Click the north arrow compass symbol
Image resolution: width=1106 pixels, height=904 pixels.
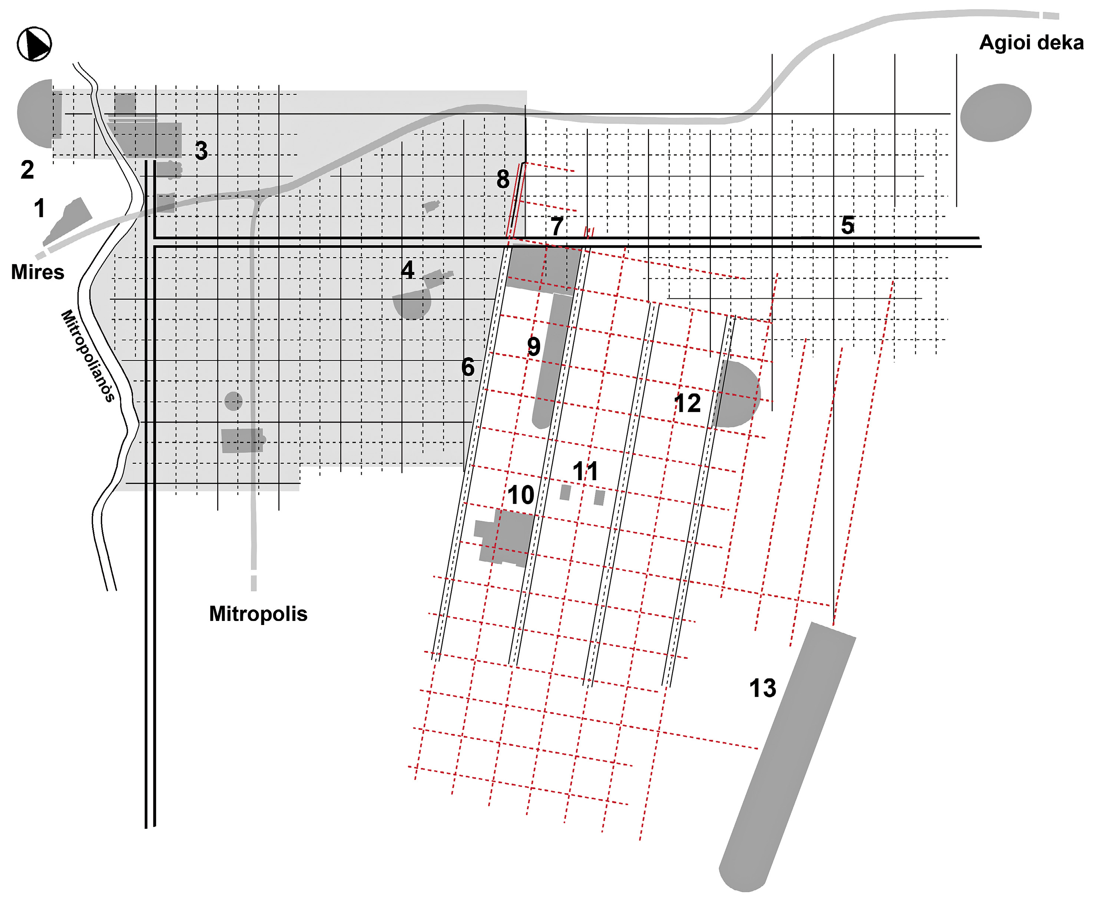(34, 44)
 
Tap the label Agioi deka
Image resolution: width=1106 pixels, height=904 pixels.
(1031, 43)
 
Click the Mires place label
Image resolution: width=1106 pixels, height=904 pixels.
(37, 272)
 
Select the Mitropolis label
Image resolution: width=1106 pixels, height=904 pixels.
(258, 614)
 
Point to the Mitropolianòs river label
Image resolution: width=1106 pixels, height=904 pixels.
(87, 356)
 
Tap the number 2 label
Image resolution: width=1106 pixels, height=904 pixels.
(27, 169)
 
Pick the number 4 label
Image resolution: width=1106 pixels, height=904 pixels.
(407, 270)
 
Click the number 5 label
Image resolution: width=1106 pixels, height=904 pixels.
(848, 225)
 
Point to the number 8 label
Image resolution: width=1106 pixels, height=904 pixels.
(503, 179)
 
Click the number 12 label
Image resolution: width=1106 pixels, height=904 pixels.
(687, 403)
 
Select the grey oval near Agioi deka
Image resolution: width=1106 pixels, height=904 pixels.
(996, 113)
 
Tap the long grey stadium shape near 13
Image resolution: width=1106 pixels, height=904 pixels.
(787, 758)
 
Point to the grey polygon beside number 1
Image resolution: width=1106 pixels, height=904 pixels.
(68, 221)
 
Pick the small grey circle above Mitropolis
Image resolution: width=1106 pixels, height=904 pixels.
(234, 401)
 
